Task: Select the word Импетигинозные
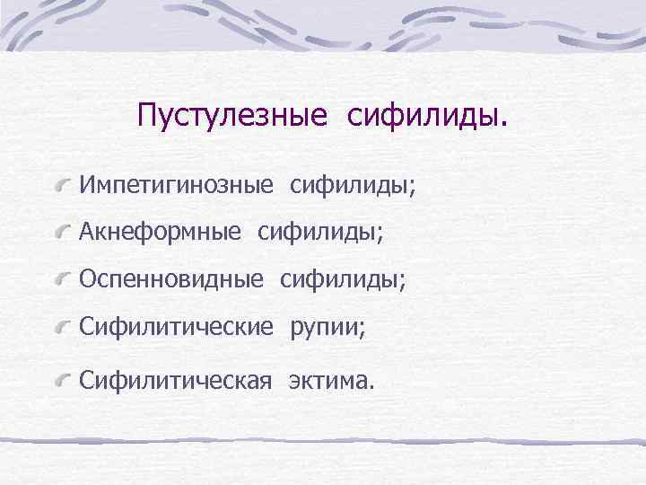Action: pos(176,185)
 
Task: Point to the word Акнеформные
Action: pos(160,233)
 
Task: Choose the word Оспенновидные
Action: pos(171,281)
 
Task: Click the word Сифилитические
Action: pos(176,329)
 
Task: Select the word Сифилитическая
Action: pos(175,381)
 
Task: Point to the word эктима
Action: pos(326,381)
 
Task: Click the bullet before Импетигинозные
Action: pos(61,186)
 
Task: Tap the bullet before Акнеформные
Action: pos(61,234)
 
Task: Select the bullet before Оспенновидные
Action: pos(61,282)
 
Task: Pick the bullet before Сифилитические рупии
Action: pos(61,330)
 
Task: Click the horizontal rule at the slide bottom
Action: pos(323,441)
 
